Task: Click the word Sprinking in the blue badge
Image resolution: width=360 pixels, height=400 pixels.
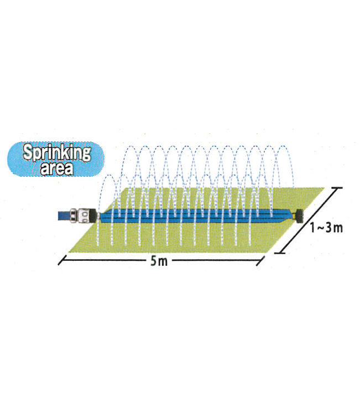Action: coord(56,153)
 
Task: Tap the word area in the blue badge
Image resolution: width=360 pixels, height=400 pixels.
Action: coord(57,168)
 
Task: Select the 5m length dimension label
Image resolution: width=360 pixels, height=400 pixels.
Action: coord(159,261)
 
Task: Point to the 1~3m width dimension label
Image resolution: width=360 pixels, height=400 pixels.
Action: coord(327,228)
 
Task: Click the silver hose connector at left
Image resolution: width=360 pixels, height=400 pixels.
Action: coord(82,215)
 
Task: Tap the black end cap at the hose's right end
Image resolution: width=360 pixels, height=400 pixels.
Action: coord(299,216)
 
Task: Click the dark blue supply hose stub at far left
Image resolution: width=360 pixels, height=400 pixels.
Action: coord(64,216)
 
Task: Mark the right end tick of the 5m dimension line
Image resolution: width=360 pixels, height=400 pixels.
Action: coord(260,260)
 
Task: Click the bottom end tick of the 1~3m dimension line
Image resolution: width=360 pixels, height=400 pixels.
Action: coord(280,253)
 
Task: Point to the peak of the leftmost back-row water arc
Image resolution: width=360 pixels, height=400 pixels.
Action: coord(131,146)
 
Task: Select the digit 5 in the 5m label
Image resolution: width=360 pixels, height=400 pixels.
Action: coord(153,261)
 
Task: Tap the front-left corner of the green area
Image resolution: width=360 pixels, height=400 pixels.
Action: coord(69,251)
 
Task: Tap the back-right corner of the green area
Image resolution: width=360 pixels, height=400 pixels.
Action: coord(324,188)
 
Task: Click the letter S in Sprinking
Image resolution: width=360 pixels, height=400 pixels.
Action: coord(27,152)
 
